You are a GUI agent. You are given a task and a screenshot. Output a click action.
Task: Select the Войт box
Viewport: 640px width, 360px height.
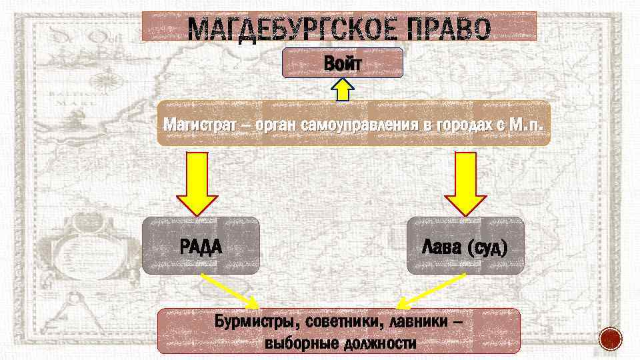[343, 63]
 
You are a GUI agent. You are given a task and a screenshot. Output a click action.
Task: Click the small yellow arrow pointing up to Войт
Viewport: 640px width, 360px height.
[343, 90]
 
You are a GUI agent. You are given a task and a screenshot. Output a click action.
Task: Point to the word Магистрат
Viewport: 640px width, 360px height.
[197, 124]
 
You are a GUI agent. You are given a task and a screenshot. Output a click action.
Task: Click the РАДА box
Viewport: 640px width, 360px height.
[201, 245]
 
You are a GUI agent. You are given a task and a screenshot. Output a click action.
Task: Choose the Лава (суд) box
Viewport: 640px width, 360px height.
[465, 245]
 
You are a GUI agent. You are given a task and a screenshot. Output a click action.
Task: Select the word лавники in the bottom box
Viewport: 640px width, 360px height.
[418, 324]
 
